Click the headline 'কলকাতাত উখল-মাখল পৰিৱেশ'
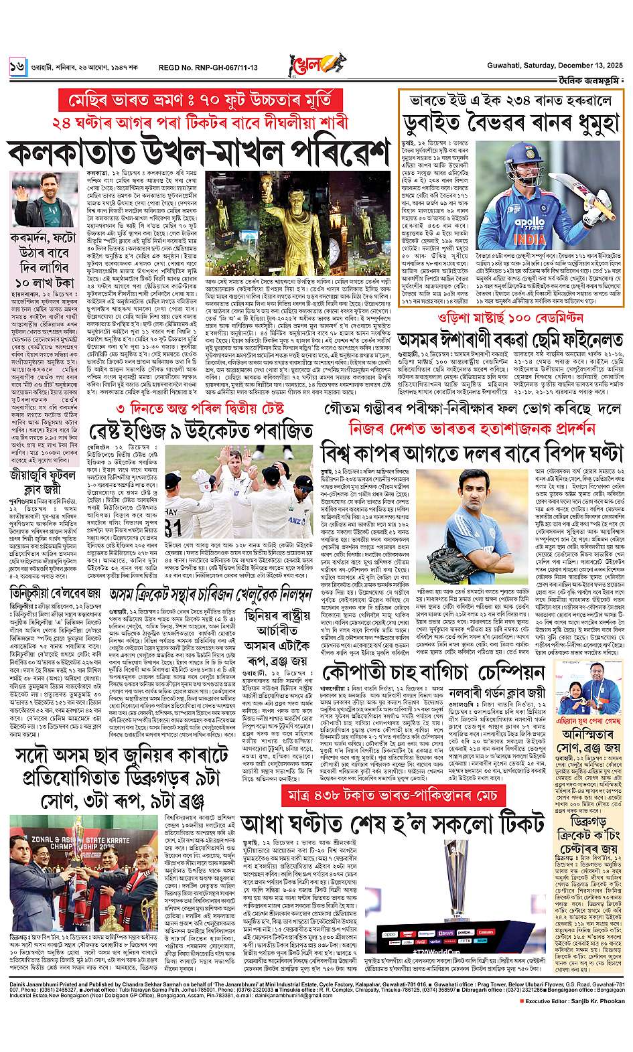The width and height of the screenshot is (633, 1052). coord(199,153)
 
